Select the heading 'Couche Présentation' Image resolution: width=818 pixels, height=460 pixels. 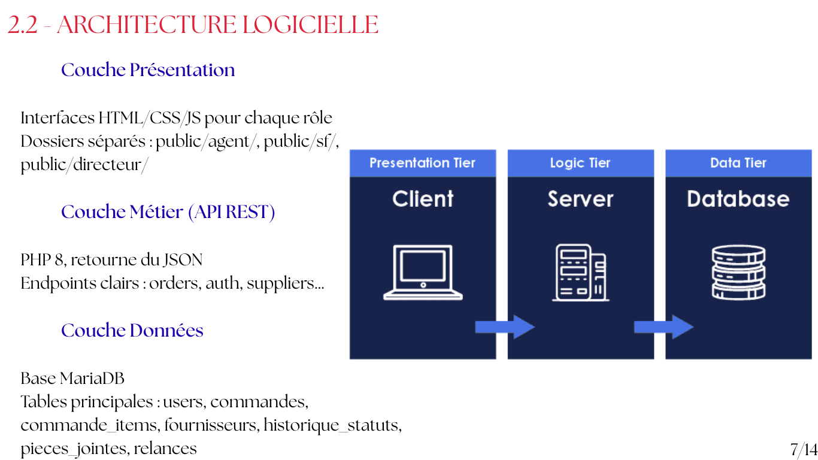click(148, 70)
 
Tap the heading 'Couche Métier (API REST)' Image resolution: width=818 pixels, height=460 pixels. click(168, 212)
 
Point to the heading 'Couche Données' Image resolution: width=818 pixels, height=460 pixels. click(132, 330)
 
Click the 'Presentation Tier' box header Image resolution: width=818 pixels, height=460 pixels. click(423, 163)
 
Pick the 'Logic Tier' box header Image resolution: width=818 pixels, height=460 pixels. click(581, 163)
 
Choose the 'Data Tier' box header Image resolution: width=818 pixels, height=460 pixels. click(738, 163)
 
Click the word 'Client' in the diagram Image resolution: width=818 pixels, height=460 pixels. click(423, 199)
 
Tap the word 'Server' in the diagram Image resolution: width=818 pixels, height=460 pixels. click(581, 199)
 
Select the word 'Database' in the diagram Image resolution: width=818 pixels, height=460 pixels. click(738, 199)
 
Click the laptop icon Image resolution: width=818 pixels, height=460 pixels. click(423, 273)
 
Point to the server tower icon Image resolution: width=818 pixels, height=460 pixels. click(581, 273)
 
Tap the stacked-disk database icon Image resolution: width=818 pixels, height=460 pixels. click(738, 273)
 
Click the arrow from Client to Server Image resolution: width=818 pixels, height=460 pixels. click(505, 327)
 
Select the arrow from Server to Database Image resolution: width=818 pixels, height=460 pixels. click(664, 327)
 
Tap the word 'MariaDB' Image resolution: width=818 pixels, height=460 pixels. click(92, 379)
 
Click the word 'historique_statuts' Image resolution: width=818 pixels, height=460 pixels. click(333, 425)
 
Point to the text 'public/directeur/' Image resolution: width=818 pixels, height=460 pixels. click(84, 165)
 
